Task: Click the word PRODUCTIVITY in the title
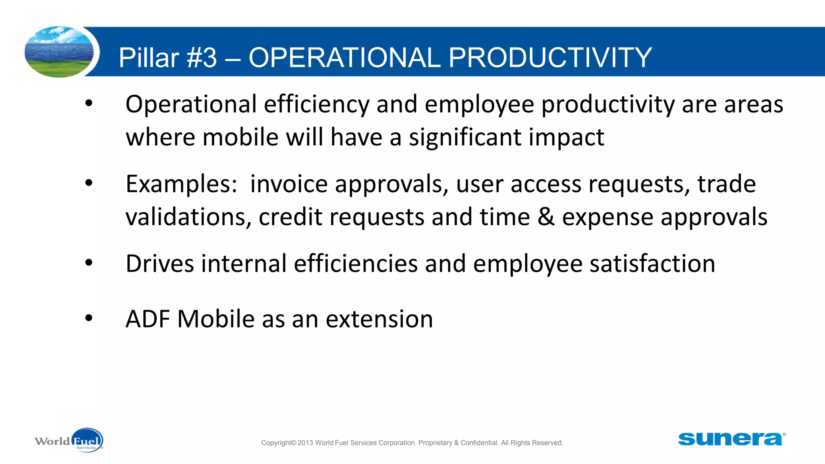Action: tap(550, 58)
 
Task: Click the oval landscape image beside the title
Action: tap(59, 52)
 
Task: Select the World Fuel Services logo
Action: tap(69, 441)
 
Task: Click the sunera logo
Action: tap(732, 439)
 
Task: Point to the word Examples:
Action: tap(181, 184)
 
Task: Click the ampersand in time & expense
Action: tap(546, 217)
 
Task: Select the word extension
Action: tap(379, 319)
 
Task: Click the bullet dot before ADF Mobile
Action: tap(89, 319)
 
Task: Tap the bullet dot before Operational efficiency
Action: tap(89, 104)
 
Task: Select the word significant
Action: tap(465, 138)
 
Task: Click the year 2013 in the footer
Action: tap(305, 443)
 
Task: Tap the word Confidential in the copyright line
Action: tap(479, 443)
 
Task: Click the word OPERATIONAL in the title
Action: tap(344, 58)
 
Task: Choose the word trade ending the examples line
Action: tap(726, 184)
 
